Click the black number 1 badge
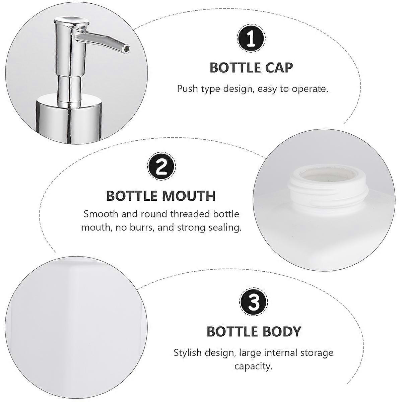[x=251, y=39]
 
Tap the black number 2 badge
[x=161, y=166]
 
